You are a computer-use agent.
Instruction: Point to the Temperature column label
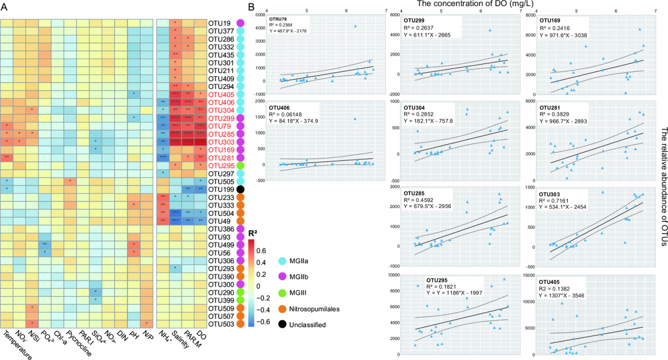17,342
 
